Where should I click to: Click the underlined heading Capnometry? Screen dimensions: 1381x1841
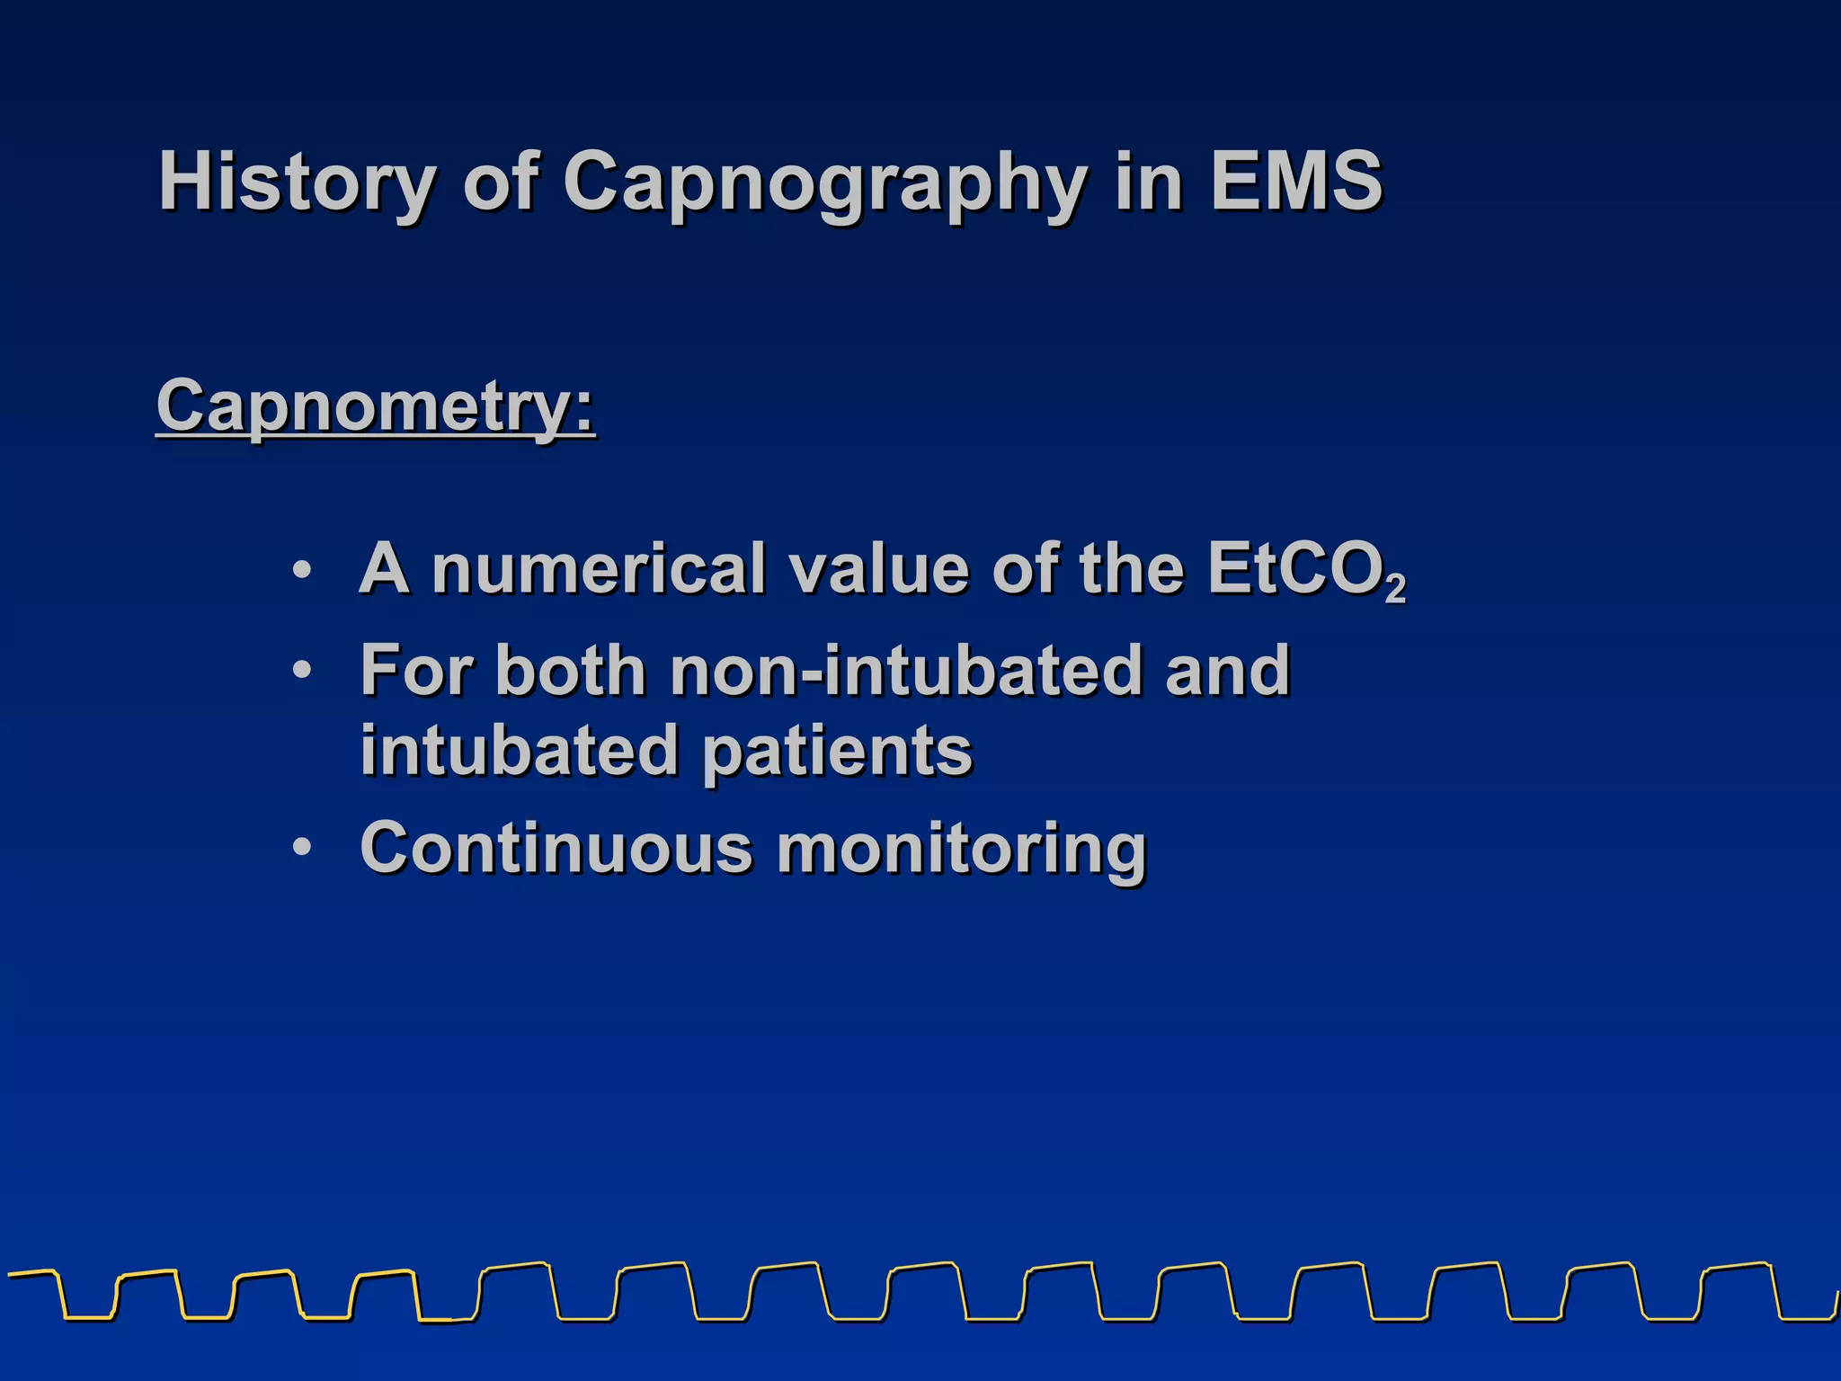pos(375,406)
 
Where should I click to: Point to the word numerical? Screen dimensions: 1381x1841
pos(598,569)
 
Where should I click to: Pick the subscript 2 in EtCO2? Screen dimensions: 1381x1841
pos(1395,589)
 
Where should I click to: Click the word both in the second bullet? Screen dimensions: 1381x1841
pos(571,670)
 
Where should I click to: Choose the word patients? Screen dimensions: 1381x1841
pos(837,751)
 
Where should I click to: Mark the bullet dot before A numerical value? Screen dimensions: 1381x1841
pos(303,570)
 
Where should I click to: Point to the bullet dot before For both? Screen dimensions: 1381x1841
pos(303,671)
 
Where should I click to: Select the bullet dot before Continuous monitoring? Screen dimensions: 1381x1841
pos(303,848)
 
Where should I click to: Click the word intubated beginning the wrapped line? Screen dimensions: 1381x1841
pos(519,751)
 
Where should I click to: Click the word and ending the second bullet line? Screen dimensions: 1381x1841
pos(1228,670)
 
